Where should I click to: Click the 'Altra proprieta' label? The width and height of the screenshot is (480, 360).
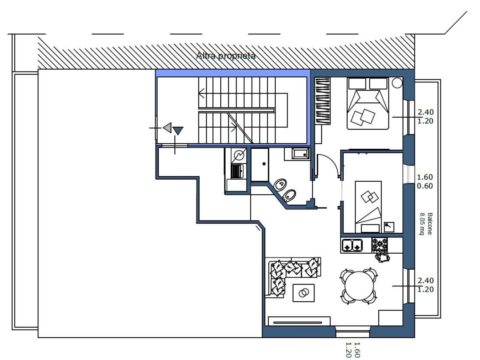click(226, 56)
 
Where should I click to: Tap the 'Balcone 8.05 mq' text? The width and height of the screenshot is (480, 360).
click(426, 224)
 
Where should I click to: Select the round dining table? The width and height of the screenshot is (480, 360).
click(359, 286)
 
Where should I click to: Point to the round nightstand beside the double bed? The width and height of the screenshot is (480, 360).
click(397, 83)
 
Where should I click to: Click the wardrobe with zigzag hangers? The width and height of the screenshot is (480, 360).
click(322, 101)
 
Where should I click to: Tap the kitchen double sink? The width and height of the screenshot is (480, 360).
click(352, 245)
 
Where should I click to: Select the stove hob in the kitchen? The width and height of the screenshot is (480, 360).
click(380, 245)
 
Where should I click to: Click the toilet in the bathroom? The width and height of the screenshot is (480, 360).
click(280, 185)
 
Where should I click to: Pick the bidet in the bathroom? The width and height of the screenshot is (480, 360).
click(289, 196)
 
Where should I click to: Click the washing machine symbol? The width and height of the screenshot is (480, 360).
click(239, 156)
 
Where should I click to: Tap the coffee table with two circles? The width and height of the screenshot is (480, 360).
click(304, 293)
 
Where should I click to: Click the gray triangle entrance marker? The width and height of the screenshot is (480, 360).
click(168, 128)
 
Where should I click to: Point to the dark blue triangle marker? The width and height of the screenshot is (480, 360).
click(178, 131)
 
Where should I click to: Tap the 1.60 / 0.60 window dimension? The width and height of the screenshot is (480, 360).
click(425, 181)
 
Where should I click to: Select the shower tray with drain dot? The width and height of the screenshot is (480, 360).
click(260, 165)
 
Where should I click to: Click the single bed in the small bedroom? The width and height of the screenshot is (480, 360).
click(368, 207)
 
